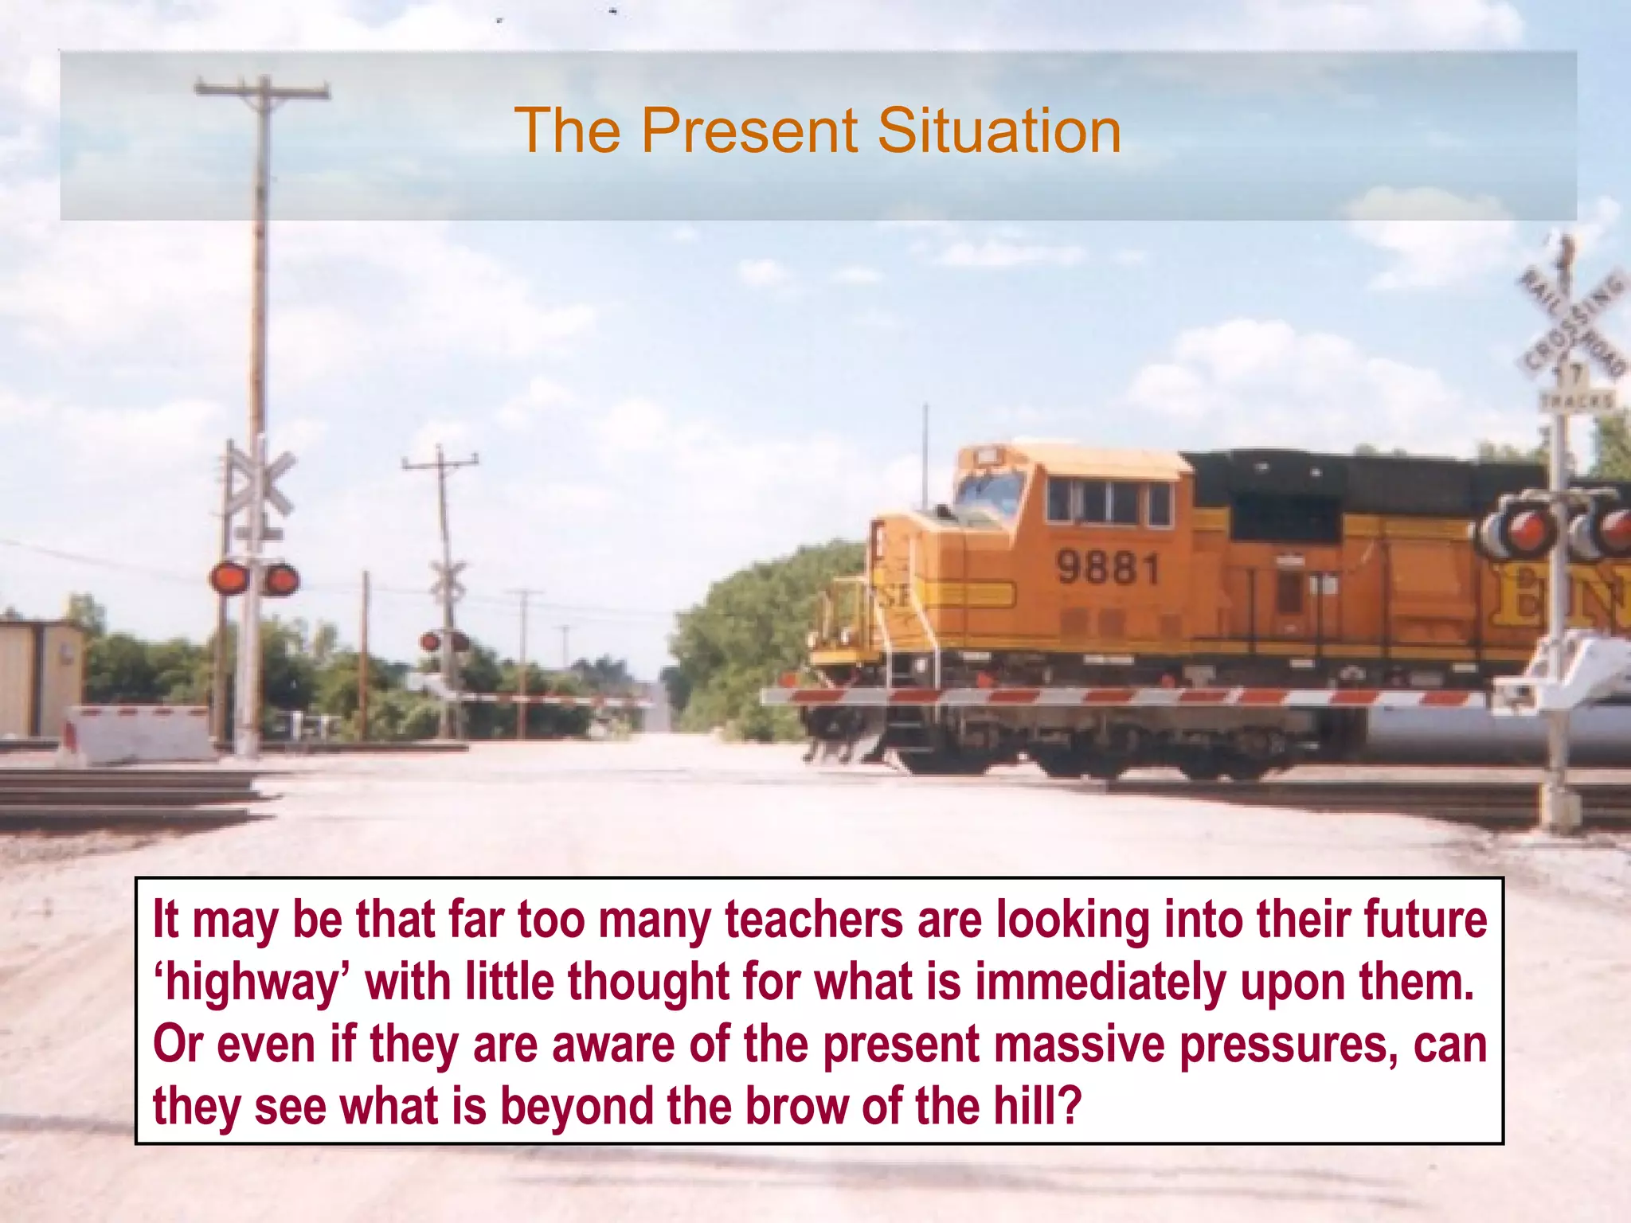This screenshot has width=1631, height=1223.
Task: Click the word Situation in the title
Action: (999, 131)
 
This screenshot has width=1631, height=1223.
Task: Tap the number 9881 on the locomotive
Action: (1107, 568)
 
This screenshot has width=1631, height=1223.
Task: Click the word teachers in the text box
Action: (814, 920)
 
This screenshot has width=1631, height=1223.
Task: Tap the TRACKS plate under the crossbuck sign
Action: (1576, 400)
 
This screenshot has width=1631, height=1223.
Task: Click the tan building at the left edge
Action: (40, 678)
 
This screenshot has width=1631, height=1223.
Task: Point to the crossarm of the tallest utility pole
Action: (262, 89)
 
